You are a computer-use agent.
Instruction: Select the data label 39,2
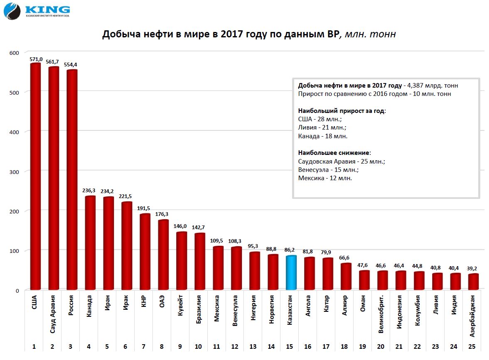[x=473, y=268]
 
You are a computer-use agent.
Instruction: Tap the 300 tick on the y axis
[x=15, y=171]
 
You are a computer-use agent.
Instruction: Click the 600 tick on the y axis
[x=15, y=53]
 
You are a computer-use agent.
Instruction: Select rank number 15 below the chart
[x=289, y=346]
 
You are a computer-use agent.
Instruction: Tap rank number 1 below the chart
[x=34, y=346]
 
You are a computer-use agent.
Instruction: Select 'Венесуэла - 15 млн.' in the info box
[x=328, y=170]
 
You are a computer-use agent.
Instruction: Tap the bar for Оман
[x=364, y=280]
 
